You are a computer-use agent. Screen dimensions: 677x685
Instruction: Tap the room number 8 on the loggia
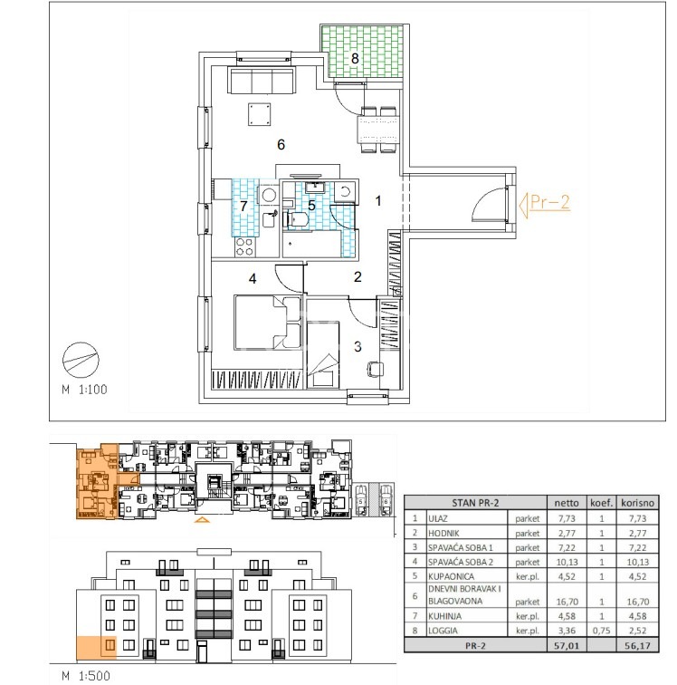pyautogui.click(x=355, y=58)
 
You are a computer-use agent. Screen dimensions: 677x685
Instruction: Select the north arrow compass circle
pyautogui.click(x=81, y=360)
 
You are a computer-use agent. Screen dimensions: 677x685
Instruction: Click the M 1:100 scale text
pyautogui.click(x=85, y=390)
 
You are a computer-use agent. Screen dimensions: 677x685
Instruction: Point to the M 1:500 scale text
pyautogui.click(x=86, y=675)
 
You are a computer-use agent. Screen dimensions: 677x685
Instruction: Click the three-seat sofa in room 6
pyautogui.click(x=262, y=80)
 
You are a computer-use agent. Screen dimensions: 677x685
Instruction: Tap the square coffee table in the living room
pyautogui.click(x=260, y=114)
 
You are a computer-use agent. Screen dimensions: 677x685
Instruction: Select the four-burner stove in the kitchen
pyautogui.click(x=244, y=246)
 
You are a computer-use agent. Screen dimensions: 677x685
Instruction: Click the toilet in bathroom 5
pyautogui.click(x=296, y=219)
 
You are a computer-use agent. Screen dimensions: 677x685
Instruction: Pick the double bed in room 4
pyautogui.click(x=268, y=323)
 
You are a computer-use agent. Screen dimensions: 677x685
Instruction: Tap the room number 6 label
pyautogui.click(x=281, y=144)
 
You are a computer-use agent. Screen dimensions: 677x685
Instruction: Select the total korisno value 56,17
pyautogui.click(x=637, y=645)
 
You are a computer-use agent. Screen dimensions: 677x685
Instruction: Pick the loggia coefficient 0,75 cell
pyautogui.click(x=602, y=631)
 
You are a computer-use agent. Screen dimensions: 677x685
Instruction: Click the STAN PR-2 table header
pyautogui.click(x=475, y=503)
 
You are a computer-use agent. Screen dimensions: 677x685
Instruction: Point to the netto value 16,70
pyautogui.click(x=567, y=602)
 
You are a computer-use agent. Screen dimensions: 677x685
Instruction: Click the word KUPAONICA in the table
pyautogui.click(x=451, y=576)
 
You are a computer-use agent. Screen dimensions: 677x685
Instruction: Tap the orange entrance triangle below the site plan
pyautogui.click(x=202, y=519)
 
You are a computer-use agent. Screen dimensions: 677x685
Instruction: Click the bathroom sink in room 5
pyautogui.click(x=314, y=188)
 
